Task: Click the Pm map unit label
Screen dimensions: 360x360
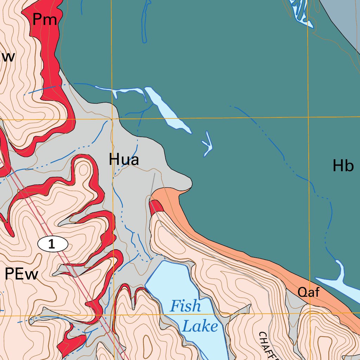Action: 45,20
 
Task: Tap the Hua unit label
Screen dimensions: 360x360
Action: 124,160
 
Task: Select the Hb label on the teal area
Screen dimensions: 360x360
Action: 343,166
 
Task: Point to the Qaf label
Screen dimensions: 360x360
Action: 308,292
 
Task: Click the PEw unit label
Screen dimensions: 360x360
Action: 21,274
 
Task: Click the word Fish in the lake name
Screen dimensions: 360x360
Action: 186,306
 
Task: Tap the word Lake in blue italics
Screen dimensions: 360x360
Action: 200,327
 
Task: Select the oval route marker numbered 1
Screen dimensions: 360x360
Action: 52,244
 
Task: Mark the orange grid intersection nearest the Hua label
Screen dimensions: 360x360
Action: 112,119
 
